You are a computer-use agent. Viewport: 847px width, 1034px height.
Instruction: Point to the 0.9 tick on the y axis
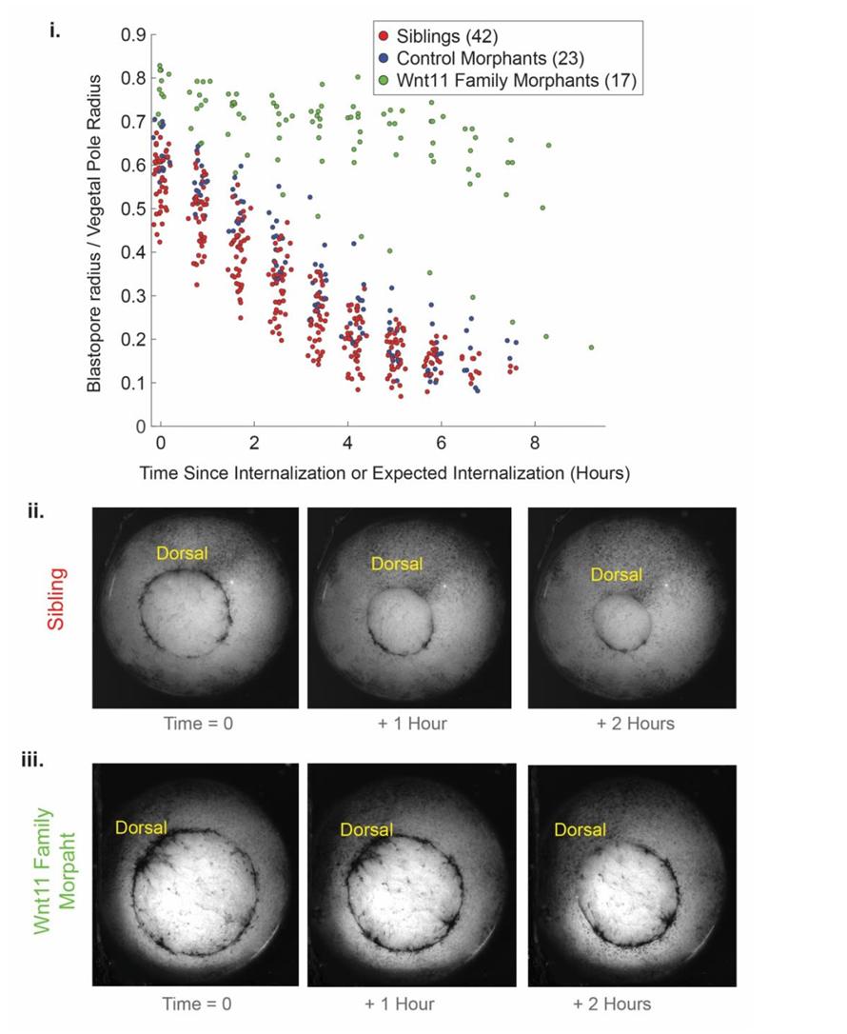pos(133,35)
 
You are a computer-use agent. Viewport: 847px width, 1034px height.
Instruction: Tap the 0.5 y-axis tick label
pos(133,209)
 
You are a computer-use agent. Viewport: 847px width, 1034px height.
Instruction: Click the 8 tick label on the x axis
pos(535,444)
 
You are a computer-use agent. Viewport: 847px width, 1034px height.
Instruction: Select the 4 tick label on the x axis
pos(347,444)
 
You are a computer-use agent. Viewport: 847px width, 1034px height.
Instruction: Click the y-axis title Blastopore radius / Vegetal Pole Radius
pos(95,233)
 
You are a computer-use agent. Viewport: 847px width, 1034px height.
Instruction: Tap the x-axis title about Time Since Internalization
pos(384,472)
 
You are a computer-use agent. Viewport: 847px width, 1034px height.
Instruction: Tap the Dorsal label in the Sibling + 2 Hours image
pos(616,574)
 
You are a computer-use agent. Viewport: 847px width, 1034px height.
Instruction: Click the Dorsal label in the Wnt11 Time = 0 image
pos(141,827)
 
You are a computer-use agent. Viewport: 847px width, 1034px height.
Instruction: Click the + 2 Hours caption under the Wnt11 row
pos(612,1003)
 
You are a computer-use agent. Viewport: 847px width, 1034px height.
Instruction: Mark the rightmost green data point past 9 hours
pos(591,348)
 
